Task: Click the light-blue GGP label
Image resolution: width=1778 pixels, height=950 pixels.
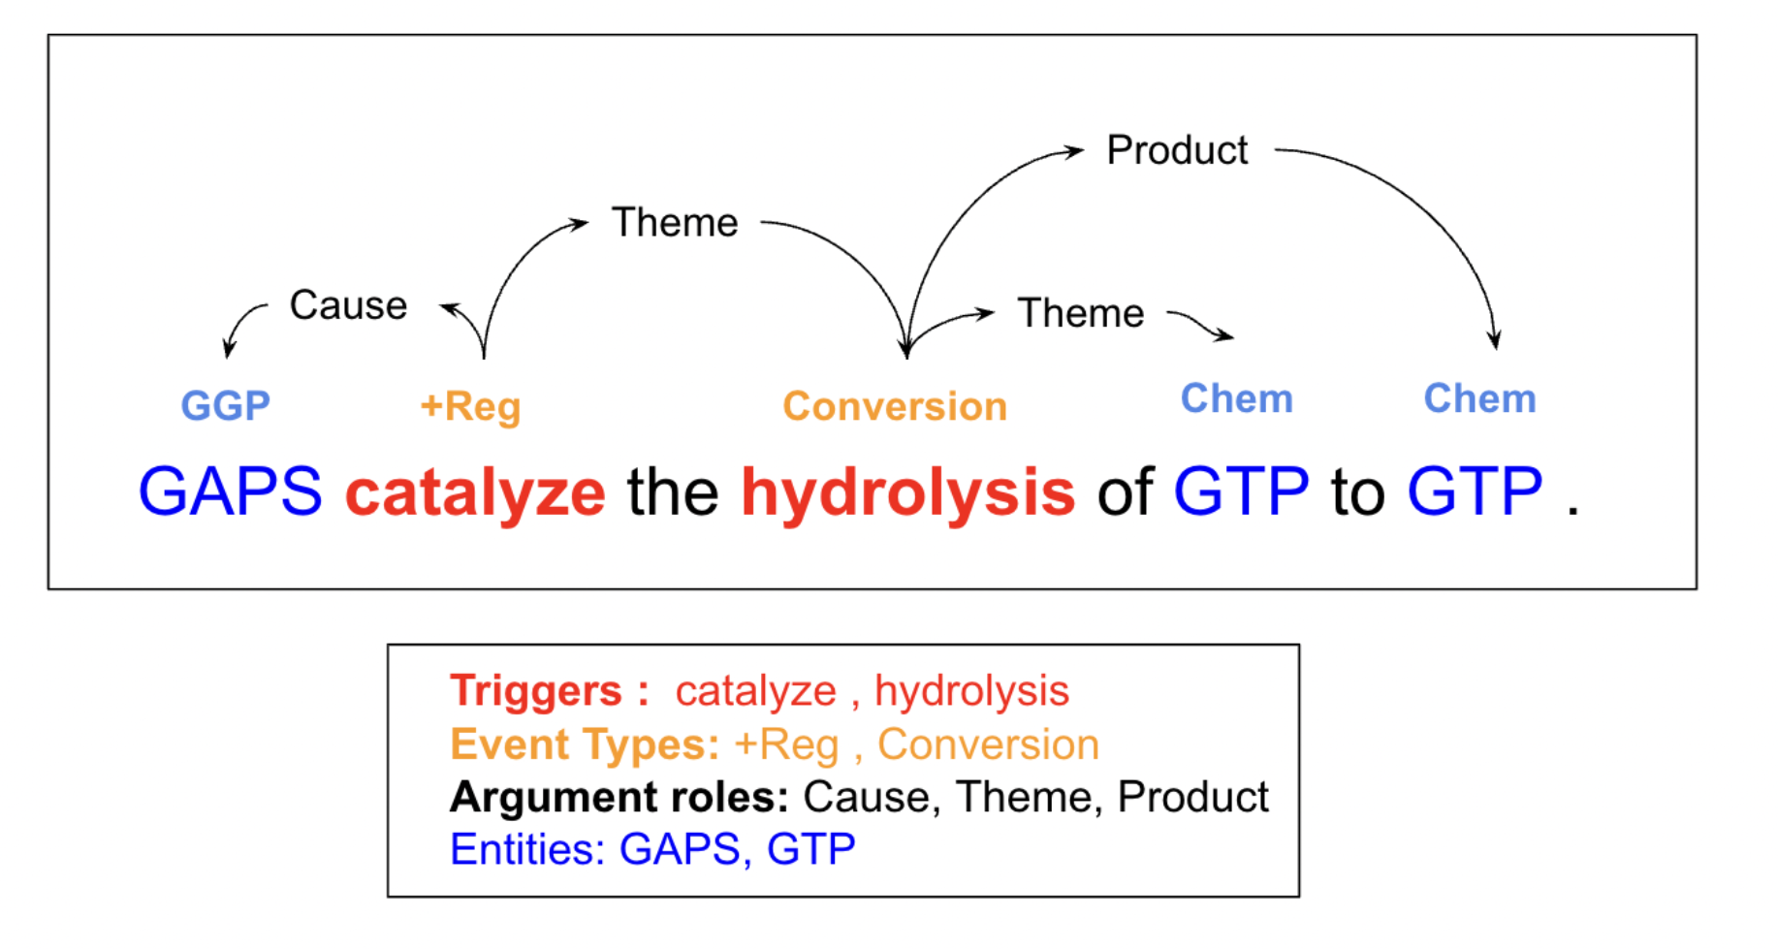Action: (225, 405)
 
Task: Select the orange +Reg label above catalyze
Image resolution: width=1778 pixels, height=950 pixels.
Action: (470, 406)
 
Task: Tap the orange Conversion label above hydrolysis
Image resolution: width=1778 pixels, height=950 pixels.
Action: (895, 406)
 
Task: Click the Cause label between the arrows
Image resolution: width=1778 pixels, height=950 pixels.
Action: (348, 305)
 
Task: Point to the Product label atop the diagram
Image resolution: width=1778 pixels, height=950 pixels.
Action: (1177, 150)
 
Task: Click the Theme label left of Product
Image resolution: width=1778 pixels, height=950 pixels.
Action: (675, 222)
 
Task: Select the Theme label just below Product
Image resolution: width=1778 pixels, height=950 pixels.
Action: (1081, 313)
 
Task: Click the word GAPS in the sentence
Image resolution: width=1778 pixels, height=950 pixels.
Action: (230, 491)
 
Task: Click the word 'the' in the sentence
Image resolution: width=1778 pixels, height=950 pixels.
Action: (673, 491)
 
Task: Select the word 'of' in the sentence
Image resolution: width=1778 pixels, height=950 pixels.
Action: (1125, 491)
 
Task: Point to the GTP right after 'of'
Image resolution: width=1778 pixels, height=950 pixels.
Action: (1241, 491)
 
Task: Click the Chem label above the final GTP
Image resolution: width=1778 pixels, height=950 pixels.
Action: (1479, 398)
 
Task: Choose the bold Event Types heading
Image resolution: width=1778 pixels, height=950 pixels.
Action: (585, 744)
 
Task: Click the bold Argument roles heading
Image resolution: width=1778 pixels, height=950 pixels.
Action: (619, 797)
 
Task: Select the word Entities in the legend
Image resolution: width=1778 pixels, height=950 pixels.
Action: (527, 849)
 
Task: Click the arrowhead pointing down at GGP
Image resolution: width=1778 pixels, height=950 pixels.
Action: (228, 350)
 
